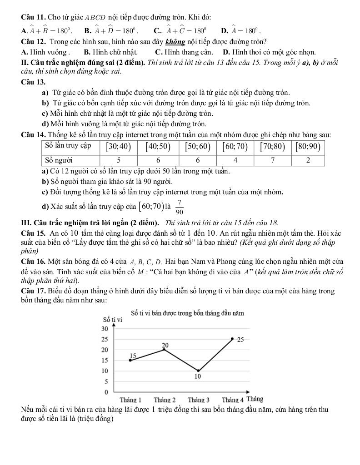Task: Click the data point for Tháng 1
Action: pyautogui.click(x=130, y=360)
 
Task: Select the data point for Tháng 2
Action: pyautogui.click(x=164, y=349)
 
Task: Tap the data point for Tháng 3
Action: pyautogui.click(x=198, y=371)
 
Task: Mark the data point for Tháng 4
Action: pyautogui.click(x=232, y=339)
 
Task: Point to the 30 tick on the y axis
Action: pyautogui.click(x=104, y=328)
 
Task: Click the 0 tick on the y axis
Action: pyautogui.click(x=106, y=391)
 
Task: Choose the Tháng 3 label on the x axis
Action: pyautogui.click(x=198, y=400)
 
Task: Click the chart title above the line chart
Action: pyautogui.click(x=187, y=313)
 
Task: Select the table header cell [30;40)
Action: pyautogui.click(x=118, y=146)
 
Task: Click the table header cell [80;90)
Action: pyautogui.click(x=308, y=146)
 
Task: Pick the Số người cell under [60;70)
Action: pyautogui.click(x=235, y=160)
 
